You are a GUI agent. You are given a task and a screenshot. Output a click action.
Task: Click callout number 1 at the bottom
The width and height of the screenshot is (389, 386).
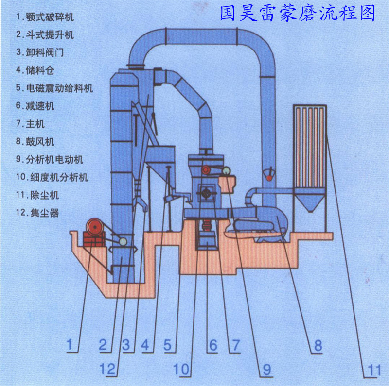pyautogui.click(x=72, y=345)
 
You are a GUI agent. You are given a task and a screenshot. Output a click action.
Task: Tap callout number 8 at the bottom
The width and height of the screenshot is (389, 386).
pyautogui.click(x=318, y=345)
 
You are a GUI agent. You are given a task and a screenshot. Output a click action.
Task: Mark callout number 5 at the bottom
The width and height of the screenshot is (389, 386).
pyautogui.click(x=168, y=345)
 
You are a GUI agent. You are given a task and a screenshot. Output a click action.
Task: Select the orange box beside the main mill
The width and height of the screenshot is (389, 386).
pyautogui.click(x=228, y=184)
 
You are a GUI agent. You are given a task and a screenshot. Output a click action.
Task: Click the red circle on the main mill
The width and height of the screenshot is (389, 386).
pyautogui.click(x=206, y=169)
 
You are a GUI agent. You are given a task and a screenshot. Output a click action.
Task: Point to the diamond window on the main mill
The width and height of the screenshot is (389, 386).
pyautogui.click(x=206, y=193)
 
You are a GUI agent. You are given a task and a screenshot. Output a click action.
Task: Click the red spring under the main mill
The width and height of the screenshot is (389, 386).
pyautogui.click(x=206, y=226)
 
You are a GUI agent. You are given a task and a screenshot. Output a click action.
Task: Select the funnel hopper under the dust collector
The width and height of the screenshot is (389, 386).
pyautogui.click(x=310, y=201)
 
